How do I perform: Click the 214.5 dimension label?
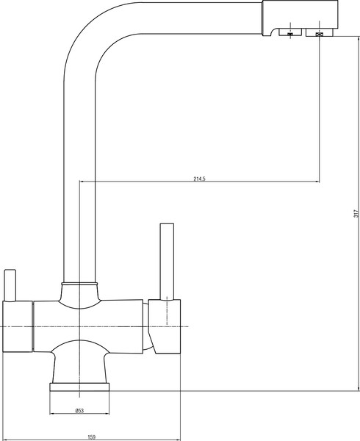(x=198, y=179)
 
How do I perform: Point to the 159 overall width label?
(x=90, y=437)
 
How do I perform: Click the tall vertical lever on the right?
(x=165, y=257)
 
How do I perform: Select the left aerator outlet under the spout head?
(x=290, y=33)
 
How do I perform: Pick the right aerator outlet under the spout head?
(x=319, y=33)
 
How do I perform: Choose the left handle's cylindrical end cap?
(x=16, y=324)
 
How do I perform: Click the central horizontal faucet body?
(x=88, y=323)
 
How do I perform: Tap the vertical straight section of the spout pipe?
(x=79, y=184)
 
